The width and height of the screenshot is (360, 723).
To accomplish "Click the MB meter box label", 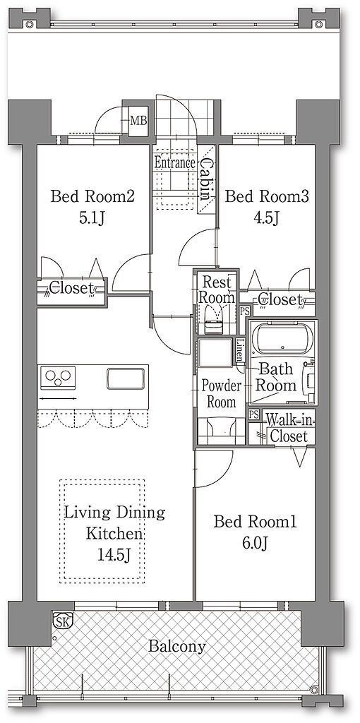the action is coord(138,121).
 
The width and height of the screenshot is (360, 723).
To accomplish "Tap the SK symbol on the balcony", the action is coord(61,620).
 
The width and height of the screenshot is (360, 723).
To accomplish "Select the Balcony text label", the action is coord(177,647).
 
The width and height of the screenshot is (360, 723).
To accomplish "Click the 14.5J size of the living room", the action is coord(114,555).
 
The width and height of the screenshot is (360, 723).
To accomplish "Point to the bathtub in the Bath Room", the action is coord(282,340).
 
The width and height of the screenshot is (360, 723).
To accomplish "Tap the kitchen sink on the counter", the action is coord(126,378).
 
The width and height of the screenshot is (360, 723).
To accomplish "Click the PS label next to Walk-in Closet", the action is coord(253,414).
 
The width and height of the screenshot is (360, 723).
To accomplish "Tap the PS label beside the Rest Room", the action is coord(244,311).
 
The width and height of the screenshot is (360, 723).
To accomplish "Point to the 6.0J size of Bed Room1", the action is coord(255,543).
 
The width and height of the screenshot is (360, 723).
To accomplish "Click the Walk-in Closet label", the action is coord(288,429).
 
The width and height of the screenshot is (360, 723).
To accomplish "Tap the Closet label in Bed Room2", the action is coord(71,289).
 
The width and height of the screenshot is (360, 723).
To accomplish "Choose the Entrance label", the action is coord(174,162).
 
